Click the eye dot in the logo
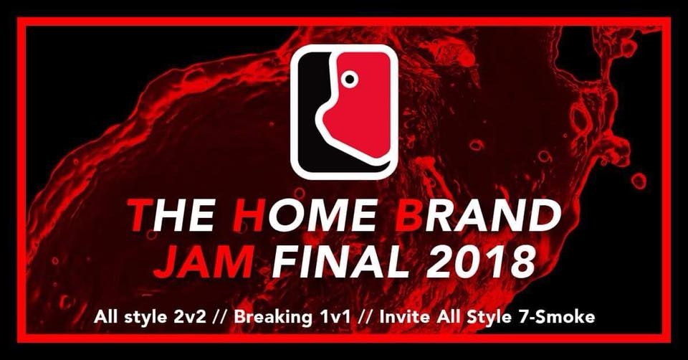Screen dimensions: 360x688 (x=349, y=80)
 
